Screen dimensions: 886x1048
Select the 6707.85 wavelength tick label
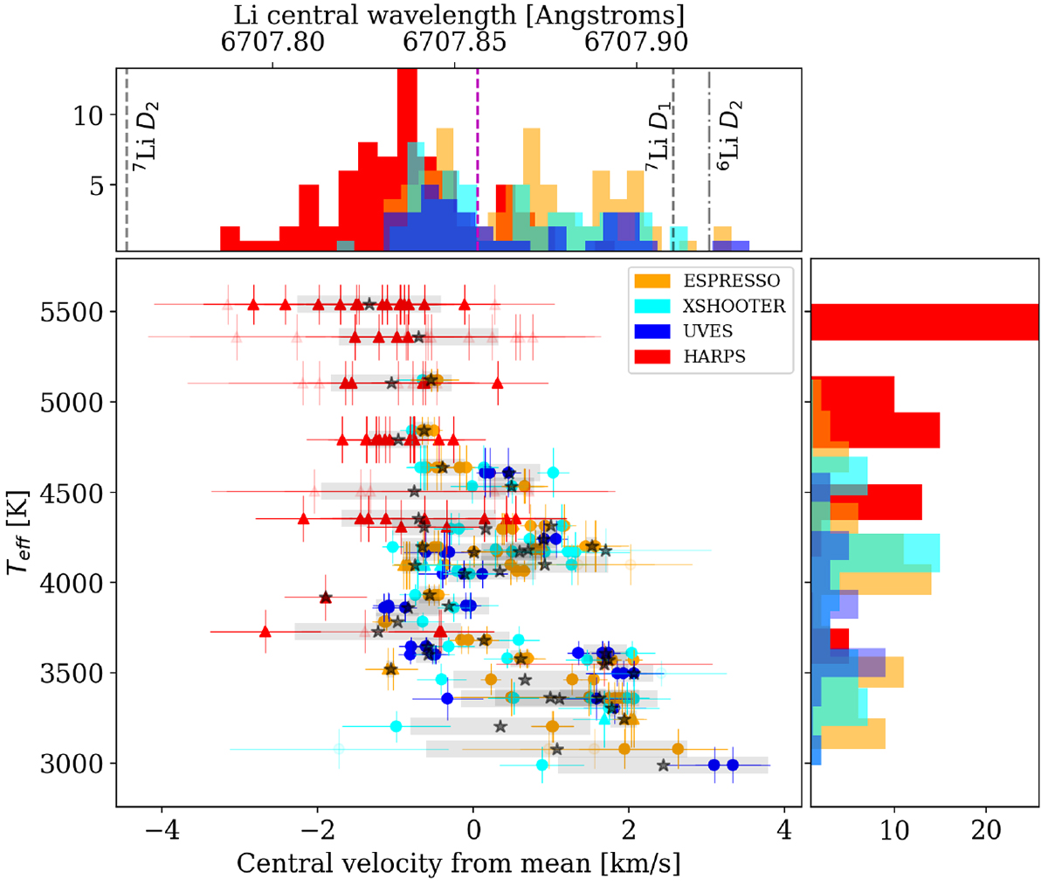455,42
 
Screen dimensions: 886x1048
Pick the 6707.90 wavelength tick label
636,42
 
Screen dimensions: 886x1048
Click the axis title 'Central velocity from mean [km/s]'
458,863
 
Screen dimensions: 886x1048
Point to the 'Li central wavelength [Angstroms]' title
458,15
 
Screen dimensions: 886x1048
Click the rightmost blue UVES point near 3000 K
733,765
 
